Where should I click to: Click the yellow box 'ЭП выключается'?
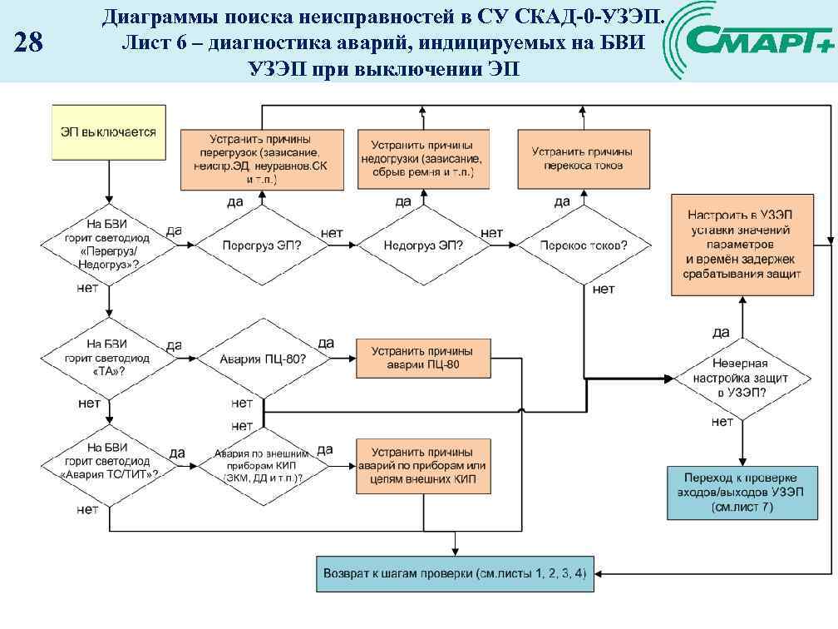coord(108,132)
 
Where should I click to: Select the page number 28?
coord(29,42)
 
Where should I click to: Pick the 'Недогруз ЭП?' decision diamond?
coord(423,245)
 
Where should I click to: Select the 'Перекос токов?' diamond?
coord(583,245)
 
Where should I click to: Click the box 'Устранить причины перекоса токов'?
coord(583,159)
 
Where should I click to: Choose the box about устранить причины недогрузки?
coord(423,159)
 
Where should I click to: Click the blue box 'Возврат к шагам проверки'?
coord(455,573)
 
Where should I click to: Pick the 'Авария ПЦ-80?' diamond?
coord(263,359)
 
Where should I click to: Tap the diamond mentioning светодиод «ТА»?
coord(108,358)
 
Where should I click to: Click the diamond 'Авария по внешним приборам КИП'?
coord(263,466)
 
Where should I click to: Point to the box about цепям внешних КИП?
coord(423,466)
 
